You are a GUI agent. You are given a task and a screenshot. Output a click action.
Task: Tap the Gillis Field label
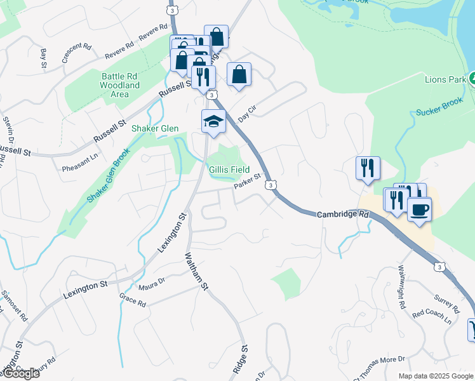pos(229,170)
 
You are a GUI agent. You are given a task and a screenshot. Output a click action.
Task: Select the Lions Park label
pos(445,79)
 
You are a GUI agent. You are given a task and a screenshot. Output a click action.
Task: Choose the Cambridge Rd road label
pos(343,215)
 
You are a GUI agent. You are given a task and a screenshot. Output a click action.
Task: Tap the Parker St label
pos(247,181)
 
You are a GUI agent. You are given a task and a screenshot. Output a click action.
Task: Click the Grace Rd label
pos(133,300)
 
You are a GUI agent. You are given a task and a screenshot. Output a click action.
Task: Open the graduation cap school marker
pos(214,121)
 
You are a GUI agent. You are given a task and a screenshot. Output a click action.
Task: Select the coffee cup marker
pos(419,210)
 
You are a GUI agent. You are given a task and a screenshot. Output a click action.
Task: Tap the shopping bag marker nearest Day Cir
pos(239,75)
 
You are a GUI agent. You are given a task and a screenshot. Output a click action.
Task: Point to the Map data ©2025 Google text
pos(436,376)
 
